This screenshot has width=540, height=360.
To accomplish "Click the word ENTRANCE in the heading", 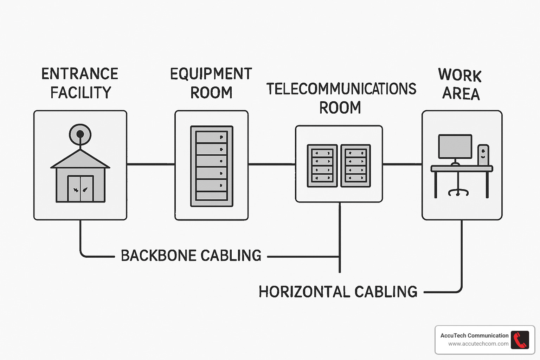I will coord(80,74).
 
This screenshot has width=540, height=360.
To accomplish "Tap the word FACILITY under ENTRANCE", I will coord(81,93).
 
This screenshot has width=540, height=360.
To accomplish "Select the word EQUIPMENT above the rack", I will coord(211,74).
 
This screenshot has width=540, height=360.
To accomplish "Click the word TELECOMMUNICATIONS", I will coord(341,89).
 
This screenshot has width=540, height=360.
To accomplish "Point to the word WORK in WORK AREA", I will coord(459,75).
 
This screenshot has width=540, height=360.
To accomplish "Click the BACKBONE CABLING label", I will coord(191,256).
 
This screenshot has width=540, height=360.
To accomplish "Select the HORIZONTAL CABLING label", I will coord(338,292).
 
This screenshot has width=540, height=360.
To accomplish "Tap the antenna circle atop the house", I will coord(80,134).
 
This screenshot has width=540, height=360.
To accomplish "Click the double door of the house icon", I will coord(81,189).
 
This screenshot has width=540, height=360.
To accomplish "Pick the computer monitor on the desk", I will coord(455,146).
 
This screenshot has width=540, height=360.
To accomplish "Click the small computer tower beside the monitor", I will coord(483,155).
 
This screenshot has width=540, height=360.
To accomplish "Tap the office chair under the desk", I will coord(458,188).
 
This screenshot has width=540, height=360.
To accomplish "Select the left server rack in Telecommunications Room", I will coord(322,166).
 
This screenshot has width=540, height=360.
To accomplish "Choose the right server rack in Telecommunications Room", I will coord(355,166).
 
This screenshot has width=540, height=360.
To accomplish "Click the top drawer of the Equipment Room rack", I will coord(211,137).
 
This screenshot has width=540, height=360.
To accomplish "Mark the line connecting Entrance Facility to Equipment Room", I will coord(150,164).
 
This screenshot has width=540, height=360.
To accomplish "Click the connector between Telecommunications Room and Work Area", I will coord(402,164).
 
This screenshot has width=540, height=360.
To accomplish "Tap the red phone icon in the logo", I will coord(520,340).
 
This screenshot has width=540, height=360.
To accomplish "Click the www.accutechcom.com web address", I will coord(478,344).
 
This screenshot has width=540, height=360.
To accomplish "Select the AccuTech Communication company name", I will coord(474,335).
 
